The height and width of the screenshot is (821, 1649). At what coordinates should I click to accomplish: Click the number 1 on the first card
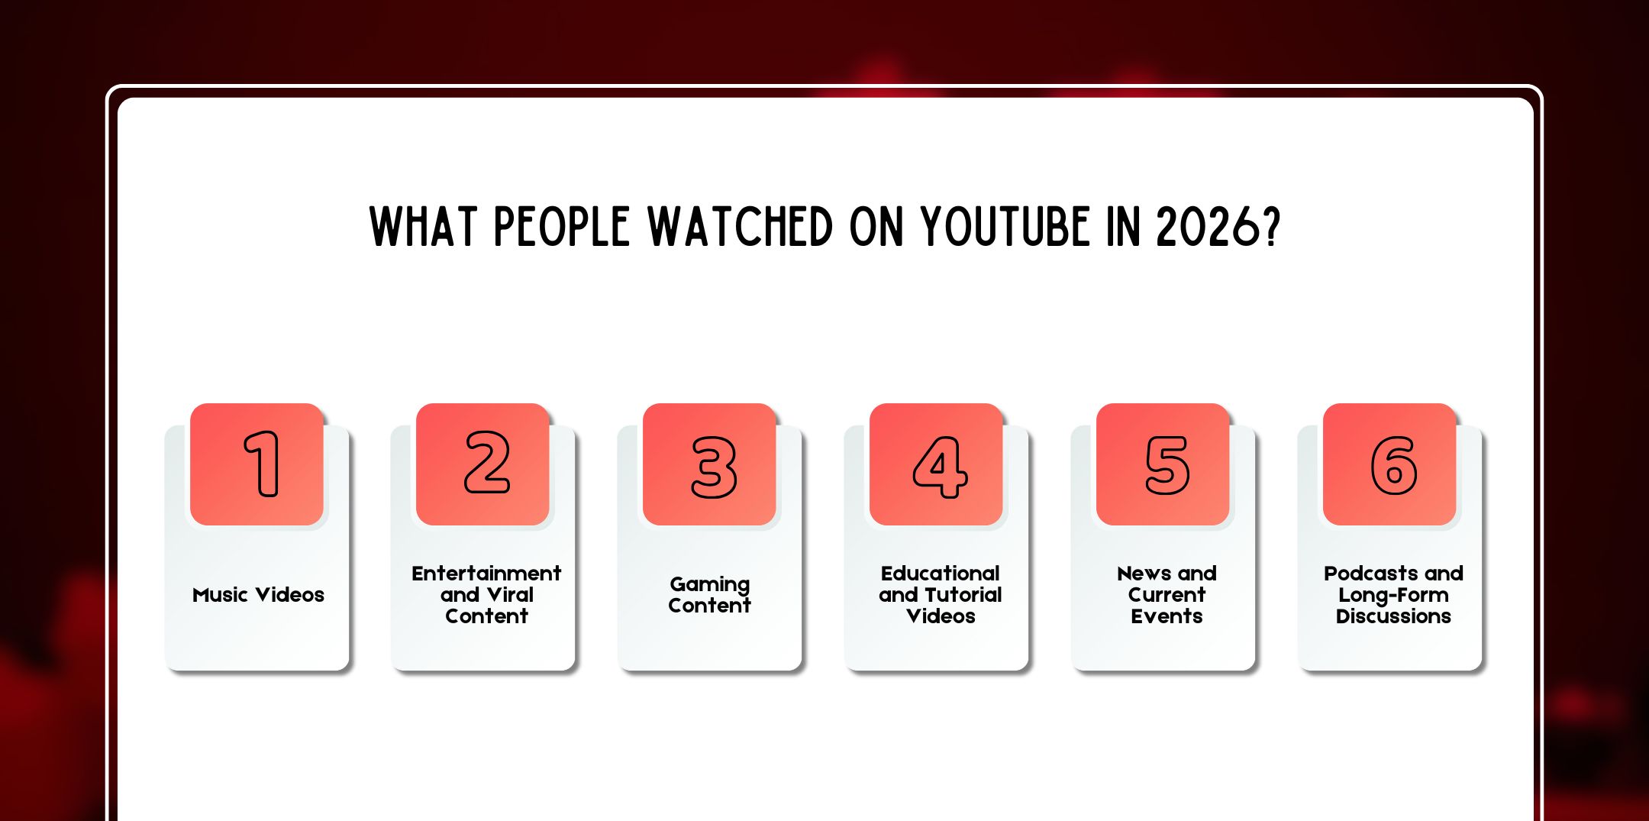click(262, 464)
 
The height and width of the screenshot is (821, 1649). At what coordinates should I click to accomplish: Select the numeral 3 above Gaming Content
click(714, 467)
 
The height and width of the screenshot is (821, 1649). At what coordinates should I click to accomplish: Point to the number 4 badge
click(940, 467)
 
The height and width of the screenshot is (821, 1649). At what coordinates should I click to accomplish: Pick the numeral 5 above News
click(1167, 465)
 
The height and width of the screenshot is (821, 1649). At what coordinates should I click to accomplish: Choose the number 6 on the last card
click(1394, 465)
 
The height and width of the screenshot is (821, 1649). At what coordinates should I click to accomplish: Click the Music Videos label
click(258, 595)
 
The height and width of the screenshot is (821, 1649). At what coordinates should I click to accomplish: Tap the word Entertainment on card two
click(486, 574)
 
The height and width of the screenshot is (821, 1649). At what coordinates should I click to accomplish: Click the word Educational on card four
click(940, 574)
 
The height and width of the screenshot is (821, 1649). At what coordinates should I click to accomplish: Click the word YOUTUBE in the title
click(1005, 227)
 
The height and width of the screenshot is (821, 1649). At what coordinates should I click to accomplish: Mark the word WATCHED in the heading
click(741, 227)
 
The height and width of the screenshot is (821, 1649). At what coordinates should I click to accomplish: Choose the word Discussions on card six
click(1393, 616)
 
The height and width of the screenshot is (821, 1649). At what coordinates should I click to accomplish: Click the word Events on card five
click(1167, 616)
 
